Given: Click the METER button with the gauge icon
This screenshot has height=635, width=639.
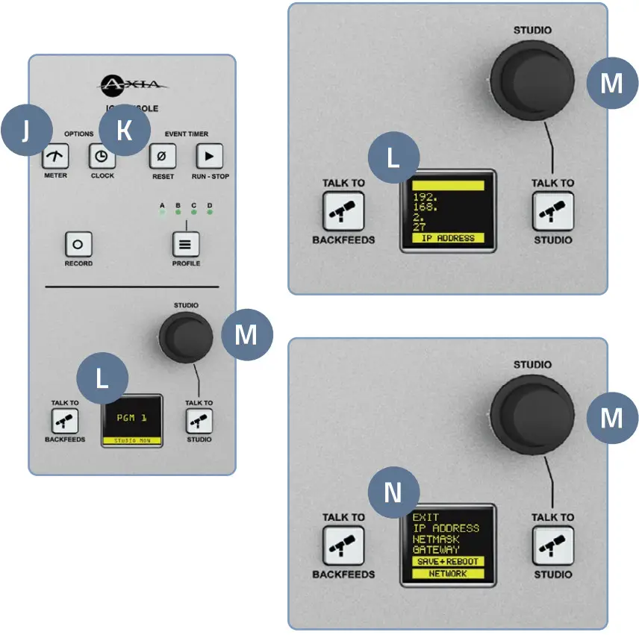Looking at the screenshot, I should point(55,157).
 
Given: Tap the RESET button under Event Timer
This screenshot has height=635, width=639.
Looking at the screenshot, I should point(162,157).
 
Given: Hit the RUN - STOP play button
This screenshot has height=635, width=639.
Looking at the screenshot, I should point(209,157).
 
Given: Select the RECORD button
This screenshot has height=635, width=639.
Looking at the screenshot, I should point(78,243).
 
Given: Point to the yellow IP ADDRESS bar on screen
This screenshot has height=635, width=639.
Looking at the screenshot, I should point(448,238).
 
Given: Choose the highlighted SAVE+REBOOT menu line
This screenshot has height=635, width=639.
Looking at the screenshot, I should point(448,560).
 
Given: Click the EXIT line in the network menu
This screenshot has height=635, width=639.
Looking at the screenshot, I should point(426,517).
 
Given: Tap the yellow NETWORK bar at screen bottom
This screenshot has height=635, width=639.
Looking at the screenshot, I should point(448,574).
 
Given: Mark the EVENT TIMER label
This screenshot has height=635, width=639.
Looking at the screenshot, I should point(187,134).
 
